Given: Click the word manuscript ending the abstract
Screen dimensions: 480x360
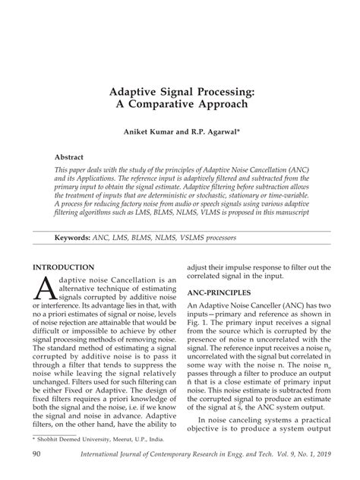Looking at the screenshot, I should coord(286,213).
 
